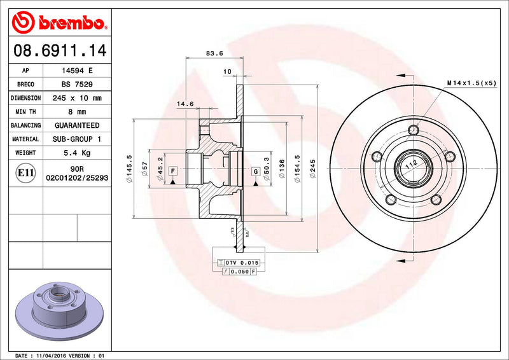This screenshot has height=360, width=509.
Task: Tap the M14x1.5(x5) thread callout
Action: pos(471,83)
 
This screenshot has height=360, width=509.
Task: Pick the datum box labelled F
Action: pos(172,170)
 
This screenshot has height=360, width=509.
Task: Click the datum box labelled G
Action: pos(255,170)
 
